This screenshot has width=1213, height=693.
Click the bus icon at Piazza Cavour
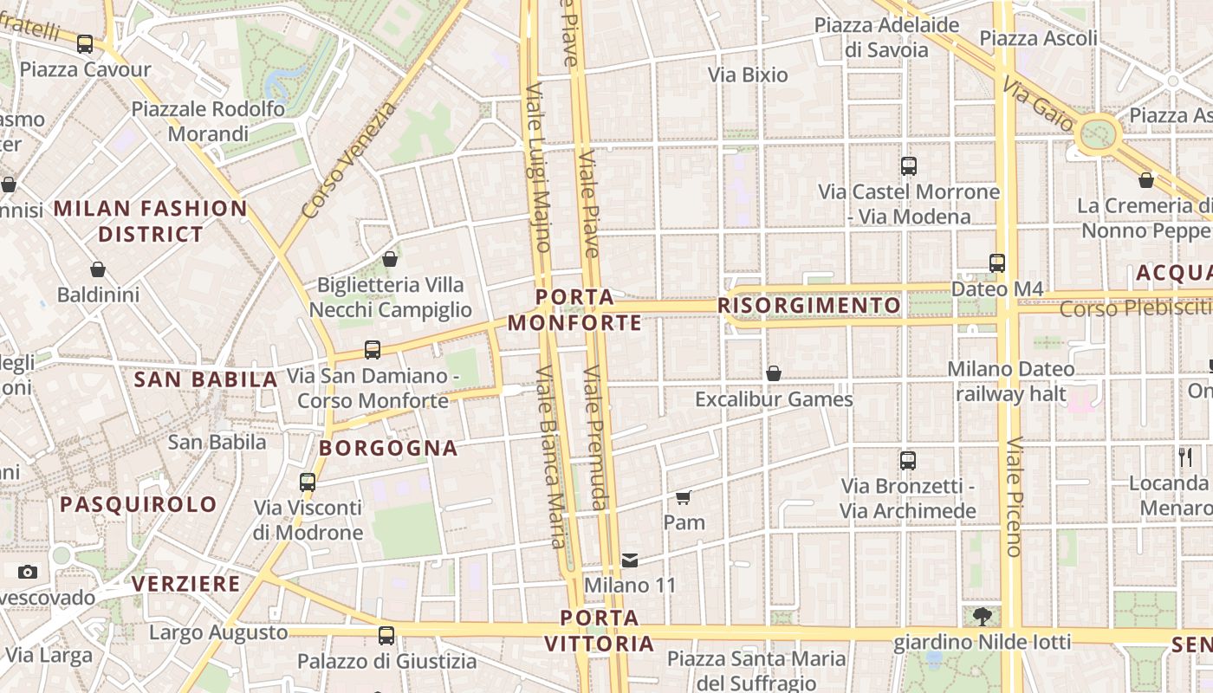point(84,44)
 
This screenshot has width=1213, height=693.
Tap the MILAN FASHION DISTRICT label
point(151,221)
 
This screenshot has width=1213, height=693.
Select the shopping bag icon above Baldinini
point(98,270)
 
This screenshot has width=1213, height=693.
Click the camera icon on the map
point(28,572)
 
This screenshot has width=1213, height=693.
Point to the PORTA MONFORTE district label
point(574,310)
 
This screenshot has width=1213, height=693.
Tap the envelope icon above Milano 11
point(630,560)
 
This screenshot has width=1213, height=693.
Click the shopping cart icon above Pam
point(684,497)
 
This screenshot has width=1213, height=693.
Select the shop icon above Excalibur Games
point(774,373)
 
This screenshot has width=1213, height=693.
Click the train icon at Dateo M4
point(997,262)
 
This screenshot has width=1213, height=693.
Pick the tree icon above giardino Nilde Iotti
point(982,617)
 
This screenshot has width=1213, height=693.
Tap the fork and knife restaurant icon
point(1185,457)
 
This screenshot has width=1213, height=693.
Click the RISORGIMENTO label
point(809,306)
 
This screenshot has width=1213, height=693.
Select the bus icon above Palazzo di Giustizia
point(386,636)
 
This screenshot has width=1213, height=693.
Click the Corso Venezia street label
point(349,160)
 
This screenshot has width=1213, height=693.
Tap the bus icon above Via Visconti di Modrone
point(308,483)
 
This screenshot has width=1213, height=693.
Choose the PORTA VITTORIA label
point(599,631)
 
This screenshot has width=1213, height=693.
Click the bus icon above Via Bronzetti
point(908,461)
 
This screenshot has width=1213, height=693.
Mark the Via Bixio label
point(748,75)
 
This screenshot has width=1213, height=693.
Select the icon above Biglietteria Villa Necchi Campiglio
point(390,259)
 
